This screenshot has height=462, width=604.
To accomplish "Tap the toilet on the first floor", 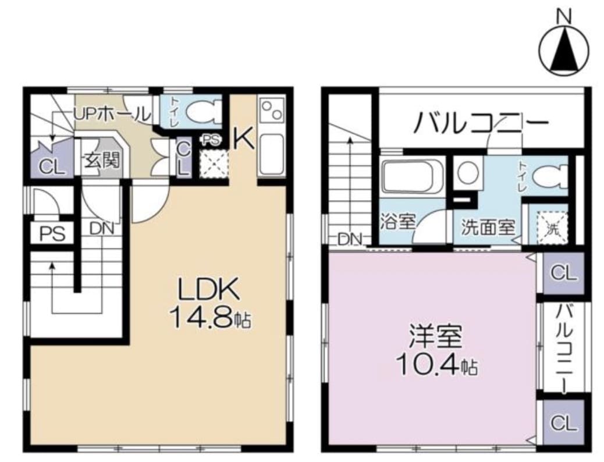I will [x=203, y=111].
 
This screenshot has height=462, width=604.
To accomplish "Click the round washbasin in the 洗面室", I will [x=468, y=172].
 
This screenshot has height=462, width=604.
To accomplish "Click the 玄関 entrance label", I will [x=103, y=159].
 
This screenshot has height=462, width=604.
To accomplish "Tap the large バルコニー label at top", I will [x=481, y=123].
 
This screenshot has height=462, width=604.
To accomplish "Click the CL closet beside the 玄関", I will [x=52, y=167].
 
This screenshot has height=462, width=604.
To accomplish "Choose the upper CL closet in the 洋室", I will [x=563, y=273].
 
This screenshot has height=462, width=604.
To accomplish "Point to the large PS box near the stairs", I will [x=52, y=234].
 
